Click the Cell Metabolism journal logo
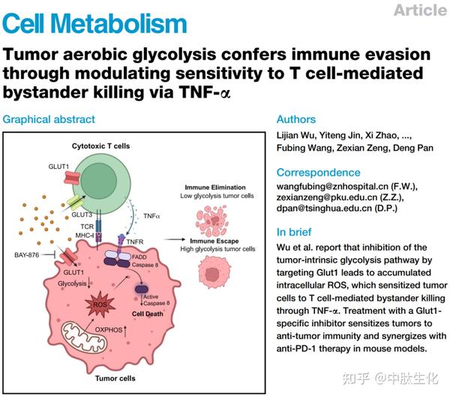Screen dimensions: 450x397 [x=94, y=23]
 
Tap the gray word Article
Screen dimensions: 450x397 [x=421, y=11]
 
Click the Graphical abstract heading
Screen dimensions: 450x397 [x=49, y=119]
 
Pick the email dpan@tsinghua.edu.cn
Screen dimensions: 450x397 [x=324, y=208]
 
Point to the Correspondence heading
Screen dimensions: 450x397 [x=318, y=173]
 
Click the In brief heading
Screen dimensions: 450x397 [x=294, y=232]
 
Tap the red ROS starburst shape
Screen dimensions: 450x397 [x=100, y=305]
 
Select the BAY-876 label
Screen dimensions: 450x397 [x=27, y=255]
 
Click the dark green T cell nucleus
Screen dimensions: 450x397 [x=98, y=182]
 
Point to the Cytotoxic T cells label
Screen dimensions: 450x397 [x=100, y=146]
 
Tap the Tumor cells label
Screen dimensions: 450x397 [x=115, y=378]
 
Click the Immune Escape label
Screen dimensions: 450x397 [x=214, y=241]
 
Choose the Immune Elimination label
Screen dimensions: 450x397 [x=215, y=188]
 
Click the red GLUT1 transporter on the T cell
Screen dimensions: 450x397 [x=71, y=178]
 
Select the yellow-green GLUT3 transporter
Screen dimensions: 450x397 [x=75, y=202]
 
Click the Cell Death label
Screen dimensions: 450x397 [x=148, y=314]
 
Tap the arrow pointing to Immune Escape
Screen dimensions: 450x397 [x=175, y=239]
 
